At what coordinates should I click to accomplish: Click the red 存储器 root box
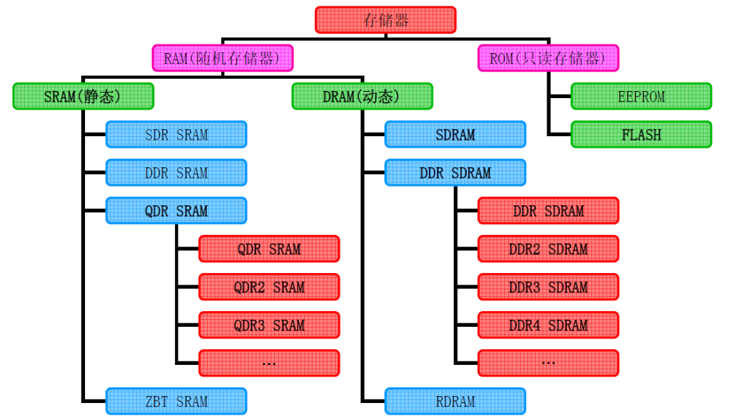click(x=385, y=20)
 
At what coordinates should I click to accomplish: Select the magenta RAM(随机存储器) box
click(x=222, y=59)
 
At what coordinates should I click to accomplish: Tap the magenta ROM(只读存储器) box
click(x=548, y=59)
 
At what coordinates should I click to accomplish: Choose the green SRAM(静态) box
click(x=83, y=97)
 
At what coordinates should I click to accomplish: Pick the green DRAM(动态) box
click(x=362, y=97)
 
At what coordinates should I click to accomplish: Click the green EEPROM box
click(x=641, y=97)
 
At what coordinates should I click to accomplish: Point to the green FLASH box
click(x=641, y=135)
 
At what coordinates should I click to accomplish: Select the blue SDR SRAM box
click(x=176, y=135)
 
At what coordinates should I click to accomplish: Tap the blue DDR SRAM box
click(x=176, y=173)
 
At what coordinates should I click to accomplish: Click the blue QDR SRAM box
click(x=176, y=211)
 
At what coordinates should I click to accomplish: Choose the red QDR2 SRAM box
click(x=269, y=287)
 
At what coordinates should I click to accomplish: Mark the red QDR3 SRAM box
click(x=269, y=325)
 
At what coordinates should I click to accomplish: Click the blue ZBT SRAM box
click(x=176, y=402)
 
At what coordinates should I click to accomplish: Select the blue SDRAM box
click(x=455, y=135)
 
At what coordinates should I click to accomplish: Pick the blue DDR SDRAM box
click(x=455, y=173)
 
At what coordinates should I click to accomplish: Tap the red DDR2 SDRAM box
click(x=548, y=249)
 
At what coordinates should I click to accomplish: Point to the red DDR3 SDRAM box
click(x=548, y=287)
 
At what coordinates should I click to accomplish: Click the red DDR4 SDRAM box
click(x=548, y=325)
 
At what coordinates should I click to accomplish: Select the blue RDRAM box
click(x=455, y=402)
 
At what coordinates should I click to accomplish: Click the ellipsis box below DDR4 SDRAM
click(x=548, y=364)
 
